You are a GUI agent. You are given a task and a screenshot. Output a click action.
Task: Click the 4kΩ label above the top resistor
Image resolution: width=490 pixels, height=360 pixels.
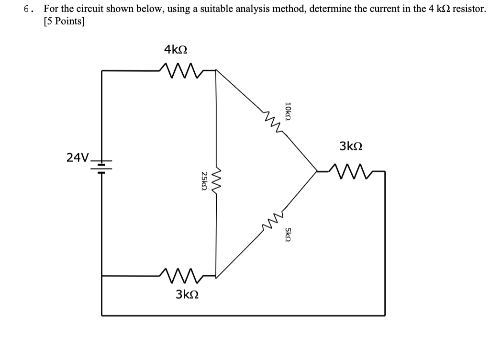(176, 49)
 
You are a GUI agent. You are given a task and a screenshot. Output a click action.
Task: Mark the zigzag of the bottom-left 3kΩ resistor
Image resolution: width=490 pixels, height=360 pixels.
(182, 275)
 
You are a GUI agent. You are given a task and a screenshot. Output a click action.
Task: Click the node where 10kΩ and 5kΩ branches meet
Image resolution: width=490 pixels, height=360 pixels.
(316, 169)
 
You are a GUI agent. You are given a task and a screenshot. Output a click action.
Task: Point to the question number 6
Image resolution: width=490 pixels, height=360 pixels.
(29, 9)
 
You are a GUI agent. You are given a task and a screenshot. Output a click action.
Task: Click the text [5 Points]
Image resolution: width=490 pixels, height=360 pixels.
(64, 22)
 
